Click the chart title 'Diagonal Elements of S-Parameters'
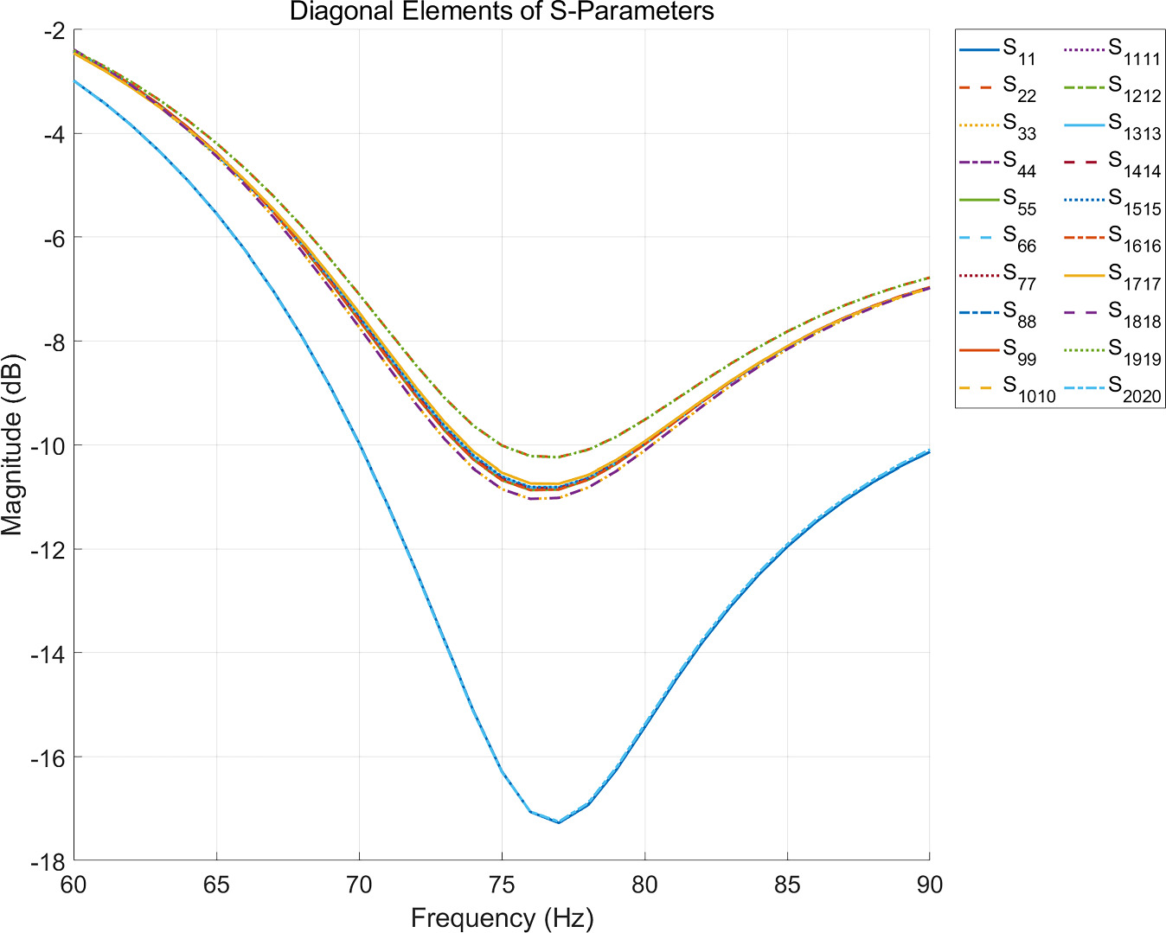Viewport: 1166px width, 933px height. [x=502, y=11]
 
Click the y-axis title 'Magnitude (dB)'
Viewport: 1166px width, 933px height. [x=12, y=444]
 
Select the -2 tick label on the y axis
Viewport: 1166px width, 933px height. [x=56, y=29]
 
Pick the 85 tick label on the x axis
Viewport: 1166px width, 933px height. [x=787, y=885]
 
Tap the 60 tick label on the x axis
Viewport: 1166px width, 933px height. [x=74, y=885]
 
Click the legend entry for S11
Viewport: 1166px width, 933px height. [x=997, y=51]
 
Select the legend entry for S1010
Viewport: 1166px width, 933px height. [x=1007, y=388]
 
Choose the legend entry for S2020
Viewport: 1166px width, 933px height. [x=1112, y=388]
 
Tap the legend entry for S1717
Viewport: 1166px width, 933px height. [x=1112, y=276]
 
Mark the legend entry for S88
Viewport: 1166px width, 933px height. [x=997, y=313]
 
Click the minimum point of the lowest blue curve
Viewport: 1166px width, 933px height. [x=559, y=822]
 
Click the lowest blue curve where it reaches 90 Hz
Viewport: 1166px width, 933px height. [x=929, y=451]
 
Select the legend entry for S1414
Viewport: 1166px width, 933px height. [x=1112, y=163]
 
